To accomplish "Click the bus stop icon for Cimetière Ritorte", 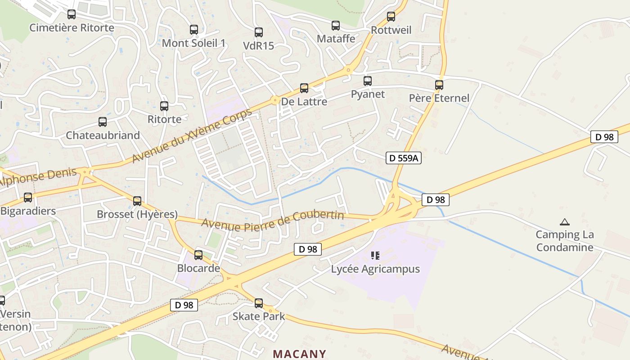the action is coord(72,14).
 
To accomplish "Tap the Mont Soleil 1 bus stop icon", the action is coord(194,30).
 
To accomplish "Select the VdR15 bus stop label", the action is coord(258,46).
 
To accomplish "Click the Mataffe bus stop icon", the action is coord(336,26).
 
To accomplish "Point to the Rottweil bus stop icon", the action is coord(391,17).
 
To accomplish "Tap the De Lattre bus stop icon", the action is coord(304,88).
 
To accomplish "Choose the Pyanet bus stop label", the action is coord(368,94).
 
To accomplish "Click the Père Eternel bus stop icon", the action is coord(439,85).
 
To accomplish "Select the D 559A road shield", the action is coord(403,158).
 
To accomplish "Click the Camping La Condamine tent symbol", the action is coord(564,222).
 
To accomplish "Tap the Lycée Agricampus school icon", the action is coord(375,256).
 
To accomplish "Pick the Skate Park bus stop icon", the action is coord(259,303).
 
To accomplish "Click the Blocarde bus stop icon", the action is coord(198,256).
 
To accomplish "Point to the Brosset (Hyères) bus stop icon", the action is coord(137,201).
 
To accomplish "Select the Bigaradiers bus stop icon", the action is coord(28,198).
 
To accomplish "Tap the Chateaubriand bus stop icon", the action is coord(103,122).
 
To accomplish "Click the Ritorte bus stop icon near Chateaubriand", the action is coord(164,107).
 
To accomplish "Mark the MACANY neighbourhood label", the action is coord(299,354).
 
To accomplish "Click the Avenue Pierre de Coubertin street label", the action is coord(273,220).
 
